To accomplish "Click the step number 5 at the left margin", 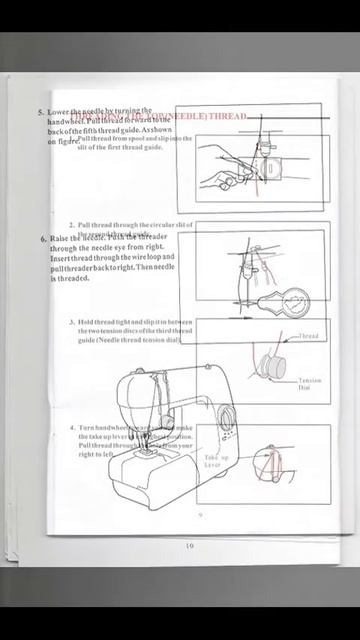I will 41,113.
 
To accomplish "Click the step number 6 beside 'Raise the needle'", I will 44,239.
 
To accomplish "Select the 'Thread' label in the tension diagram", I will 309,336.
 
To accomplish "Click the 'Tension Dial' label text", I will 309,384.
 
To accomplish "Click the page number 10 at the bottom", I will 189,545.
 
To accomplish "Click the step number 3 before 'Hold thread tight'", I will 72,322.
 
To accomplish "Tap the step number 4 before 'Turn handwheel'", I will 72,427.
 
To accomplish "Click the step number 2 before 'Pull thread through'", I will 72,225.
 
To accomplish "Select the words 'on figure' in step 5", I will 62,142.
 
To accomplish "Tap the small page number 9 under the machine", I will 200,514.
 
